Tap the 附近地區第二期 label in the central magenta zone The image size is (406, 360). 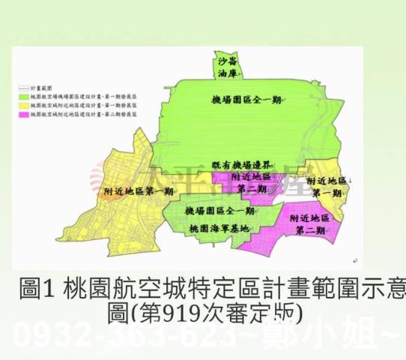[250, 183]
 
